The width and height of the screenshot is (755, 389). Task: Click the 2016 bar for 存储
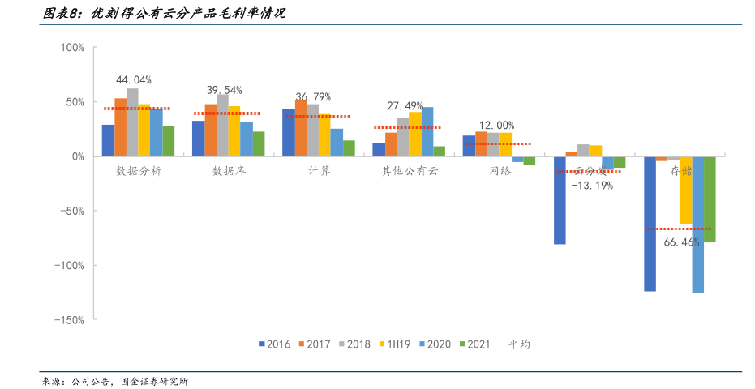click(650, 224)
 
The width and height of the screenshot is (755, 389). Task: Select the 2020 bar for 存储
click(697, 224)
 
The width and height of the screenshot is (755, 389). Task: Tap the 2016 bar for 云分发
click(560, 200)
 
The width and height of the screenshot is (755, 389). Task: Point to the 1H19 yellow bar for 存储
click(685, 190)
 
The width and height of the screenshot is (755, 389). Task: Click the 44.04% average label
click(134, 80)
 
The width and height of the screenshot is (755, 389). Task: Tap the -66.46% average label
click(678, 242)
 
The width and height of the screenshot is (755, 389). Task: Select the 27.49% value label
click(405, 106)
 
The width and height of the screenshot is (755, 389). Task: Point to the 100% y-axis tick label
click(72, 48)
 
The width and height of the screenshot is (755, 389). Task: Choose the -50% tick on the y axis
click(71, 211)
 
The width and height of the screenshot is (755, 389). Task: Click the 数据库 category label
click(229, 171)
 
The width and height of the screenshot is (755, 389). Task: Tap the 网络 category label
click(500, 171)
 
